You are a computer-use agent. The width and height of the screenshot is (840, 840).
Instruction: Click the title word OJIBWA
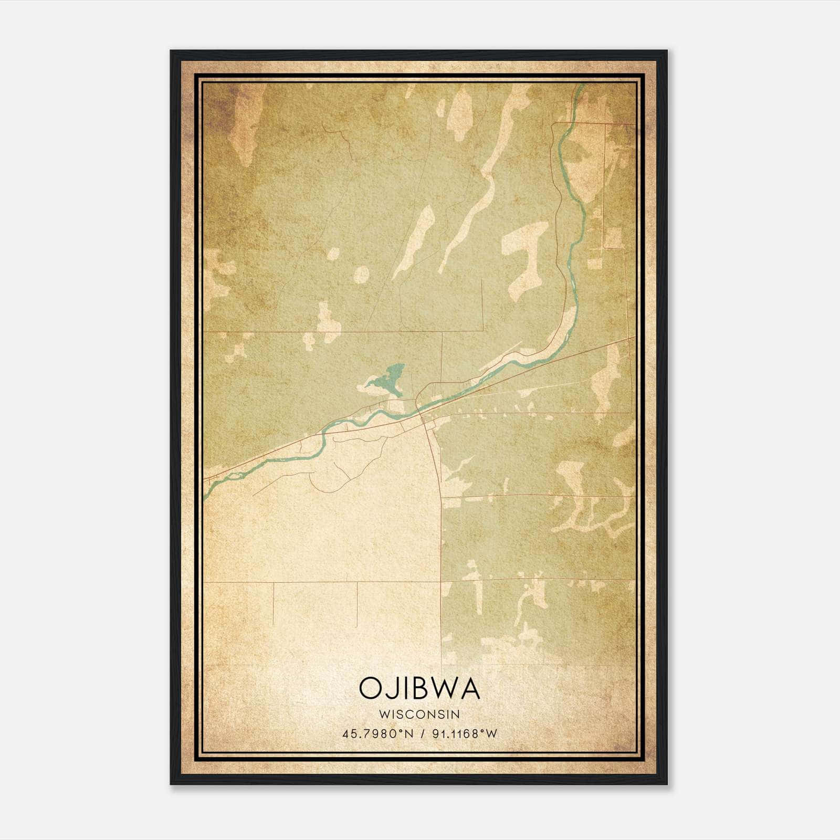[x=419, y=688]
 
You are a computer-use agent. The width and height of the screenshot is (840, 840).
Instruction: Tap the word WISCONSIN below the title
[x=419, y=715]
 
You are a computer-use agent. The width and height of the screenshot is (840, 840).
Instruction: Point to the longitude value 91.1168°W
[x=464, y=734]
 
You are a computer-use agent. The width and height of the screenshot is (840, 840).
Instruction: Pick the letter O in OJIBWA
[x=370, y=688]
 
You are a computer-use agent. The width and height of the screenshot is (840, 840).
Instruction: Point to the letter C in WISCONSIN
[x=412, y=715]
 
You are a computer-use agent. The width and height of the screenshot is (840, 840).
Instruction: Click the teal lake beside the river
[x=393, y=380]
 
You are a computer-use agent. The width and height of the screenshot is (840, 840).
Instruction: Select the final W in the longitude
[x=491, y=734]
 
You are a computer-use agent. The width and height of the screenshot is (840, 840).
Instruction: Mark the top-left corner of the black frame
[x=171, y=51]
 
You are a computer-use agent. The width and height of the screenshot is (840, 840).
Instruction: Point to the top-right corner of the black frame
[x=667, y=51]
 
